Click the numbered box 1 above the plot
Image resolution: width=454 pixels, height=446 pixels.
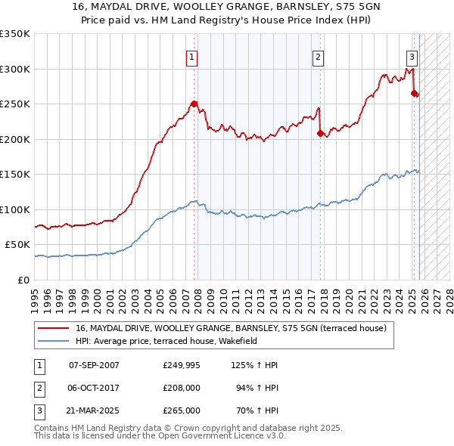(x=191, y=57)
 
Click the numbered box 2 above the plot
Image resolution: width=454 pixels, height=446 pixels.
(x=319, y=57)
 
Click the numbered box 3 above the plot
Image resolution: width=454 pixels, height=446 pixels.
(x=412, y=57)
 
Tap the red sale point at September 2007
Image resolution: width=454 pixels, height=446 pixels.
(x=194, y=104)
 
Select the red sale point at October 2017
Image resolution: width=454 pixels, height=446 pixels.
(x=320, y=133)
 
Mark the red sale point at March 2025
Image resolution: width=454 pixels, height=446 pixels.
(x=414, y=93)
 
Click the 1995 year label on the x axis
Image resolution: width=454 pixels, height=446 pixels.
(x=35, y=294)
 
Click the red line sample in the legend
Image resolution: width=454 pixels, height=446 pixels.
(x=53, y=328)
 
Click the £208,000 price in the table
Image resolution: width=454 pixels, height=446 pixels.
(x=182, y=389)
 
